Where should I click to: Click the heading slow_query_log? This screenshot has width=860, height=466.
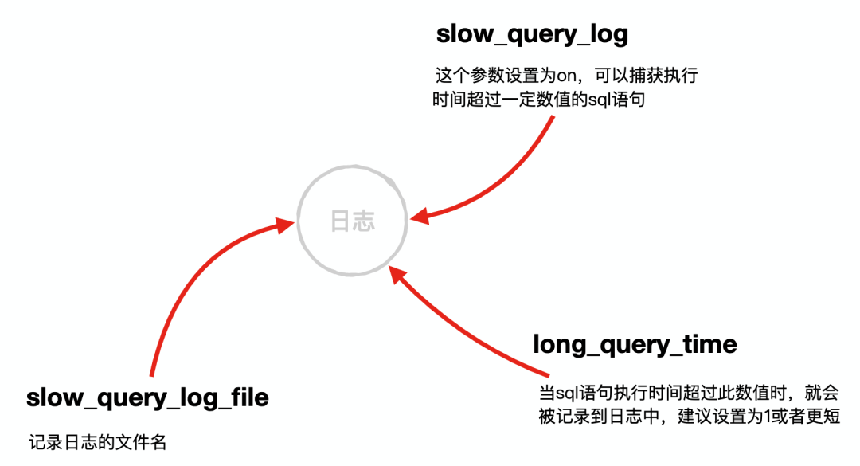click(532, 34)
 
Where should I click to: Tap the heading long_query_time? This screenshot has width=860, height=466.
click(635, 344)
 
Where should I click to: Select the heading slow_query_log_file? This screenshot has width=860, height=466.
click(147, 397)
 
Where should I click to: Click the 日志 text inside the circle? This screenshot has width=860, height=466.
click(353, 221)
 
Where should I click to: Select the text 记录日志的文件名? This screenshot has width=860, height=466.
click(98, 443)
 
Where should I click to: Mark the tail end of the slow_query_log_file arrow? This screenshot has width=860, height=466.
click(150, 374)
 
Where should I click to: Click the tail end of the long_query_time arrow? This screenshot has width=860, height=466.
click(548, 374)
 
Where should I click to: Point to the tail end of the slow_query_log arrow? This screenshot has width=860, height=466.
click(552, 118)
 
